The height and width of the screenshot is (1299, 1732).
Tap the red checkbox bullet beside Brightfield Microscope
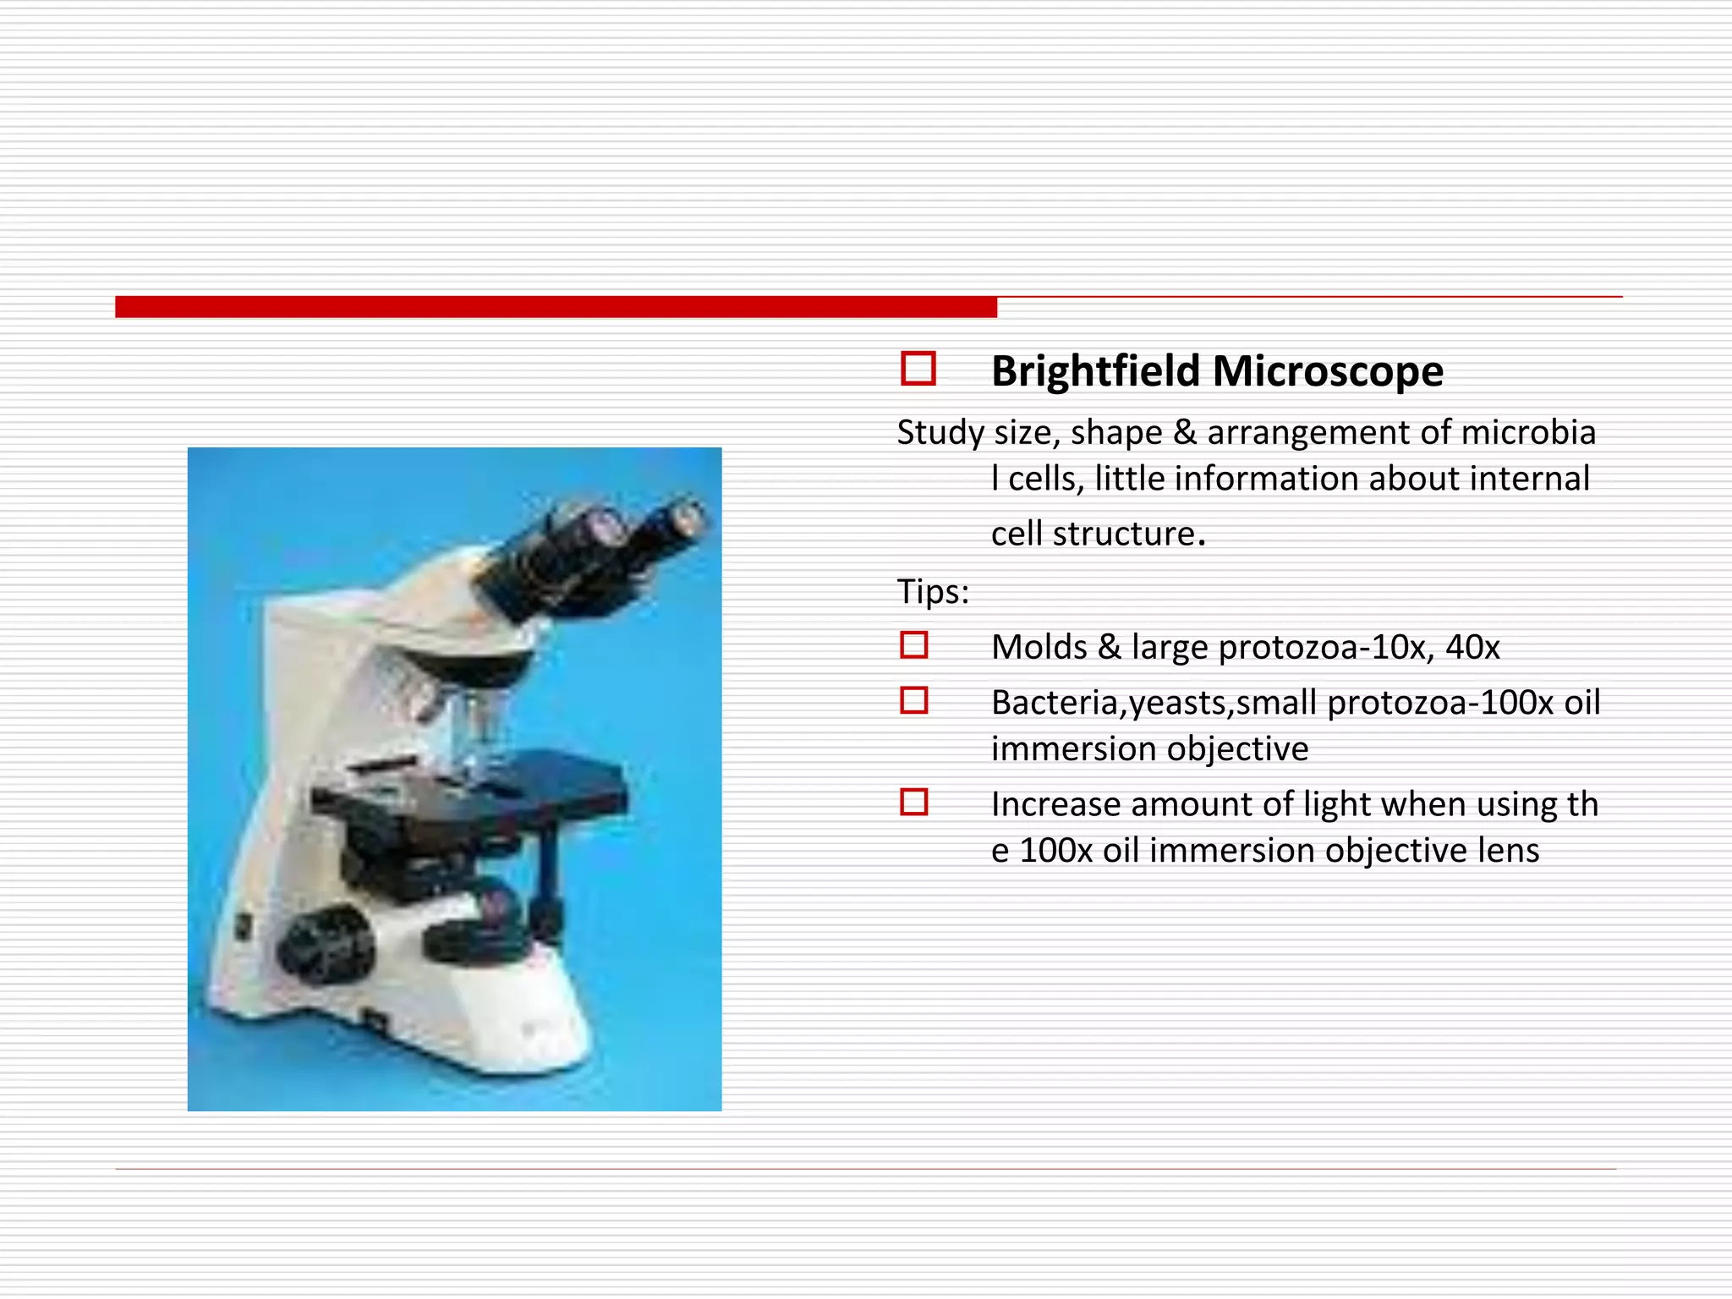tap(918, 369)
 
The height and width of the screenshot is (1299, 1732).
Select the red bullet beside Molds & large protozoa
tap(914, 645)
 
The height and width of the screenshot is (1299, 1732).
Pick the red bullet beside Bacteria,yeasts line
tap(914, 700)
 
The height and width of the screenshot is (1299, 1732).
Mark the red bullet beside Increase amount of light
tap(914, 802)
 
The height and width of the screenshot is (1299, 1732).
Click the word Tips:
tap(933, 591)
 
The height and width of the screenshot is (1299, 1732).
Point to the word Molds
tap(1039, 647)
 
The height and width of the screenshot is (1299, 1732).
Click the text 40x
tap(1472, 647)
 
